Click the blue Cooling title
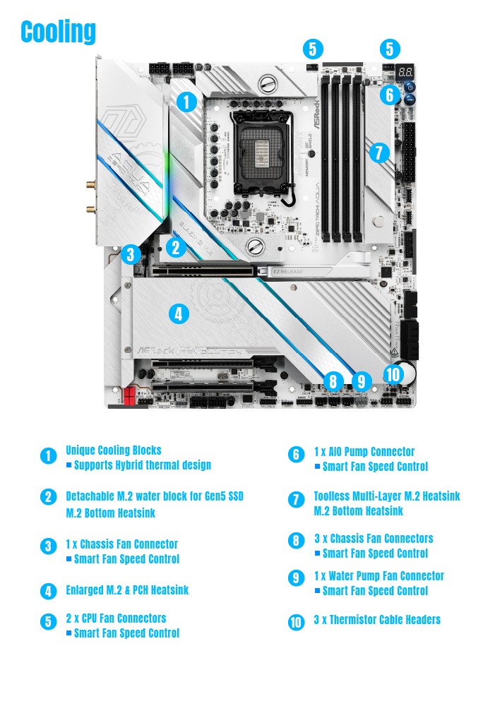(x=58, y=32)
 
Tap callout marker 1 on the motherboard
(x=186, y=102)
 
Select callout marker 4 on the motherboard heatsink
(x=179, y=313)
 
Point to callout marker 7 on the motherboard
(x=379, y=152)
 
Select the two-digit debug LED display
(x=405, y=72)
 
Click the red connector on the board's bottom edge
(x=129, y=397)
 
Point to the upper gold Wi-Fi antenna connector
(x=90, y=186)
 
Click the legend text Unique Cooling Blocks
(x=114, y=450)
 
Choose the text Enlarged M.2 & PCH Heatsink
(x=127, y=590)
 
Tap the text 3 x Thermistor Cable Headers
(x=377, y=619)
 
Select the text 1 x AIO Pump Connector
(x=364, y=451)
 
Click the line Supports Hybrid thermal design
(x=142, y=465)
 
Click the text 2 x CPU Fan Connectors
(x=116, y=618)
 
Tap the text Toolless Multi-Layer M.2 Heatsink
(x=386, y=496)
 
